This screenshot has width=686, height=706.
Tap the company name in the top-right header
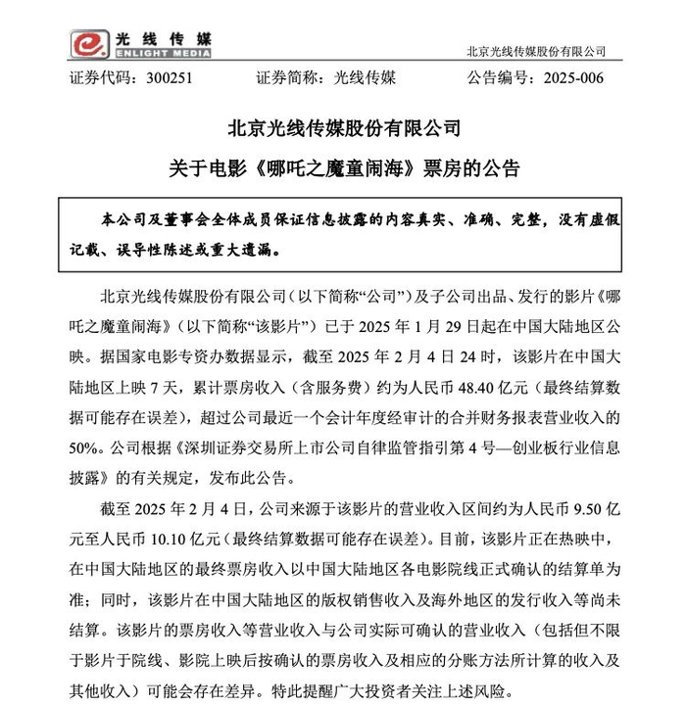coord(537,51)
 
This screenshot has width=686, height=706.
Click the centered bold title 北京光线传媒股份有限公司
coord(342,128)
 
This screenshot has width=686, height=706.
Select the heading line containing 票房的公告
coord(342,167)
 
